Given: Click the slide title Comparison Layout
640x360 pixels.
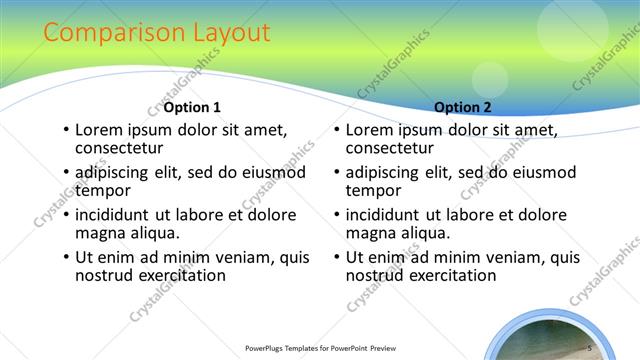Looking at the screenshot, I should pyautogui.click(x=157, y=33).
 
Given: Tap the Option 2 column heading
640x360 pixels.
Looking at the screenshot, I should pyautogui.click(x=463, y=107).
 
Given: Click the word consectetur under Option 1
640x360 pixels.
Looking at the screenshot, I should pyautogui.click(x=119, y=149).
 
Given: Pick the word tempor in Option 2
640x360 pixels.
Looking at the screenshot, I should pyautogui.click(x=374, y=190).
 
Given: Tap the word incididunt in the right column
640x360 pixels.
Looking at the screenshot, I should pyautogui.click(x=392, y=215).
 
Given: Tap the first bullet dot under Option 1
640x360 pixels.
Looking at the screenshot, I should pyautogui.click(x=66, y=131).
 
